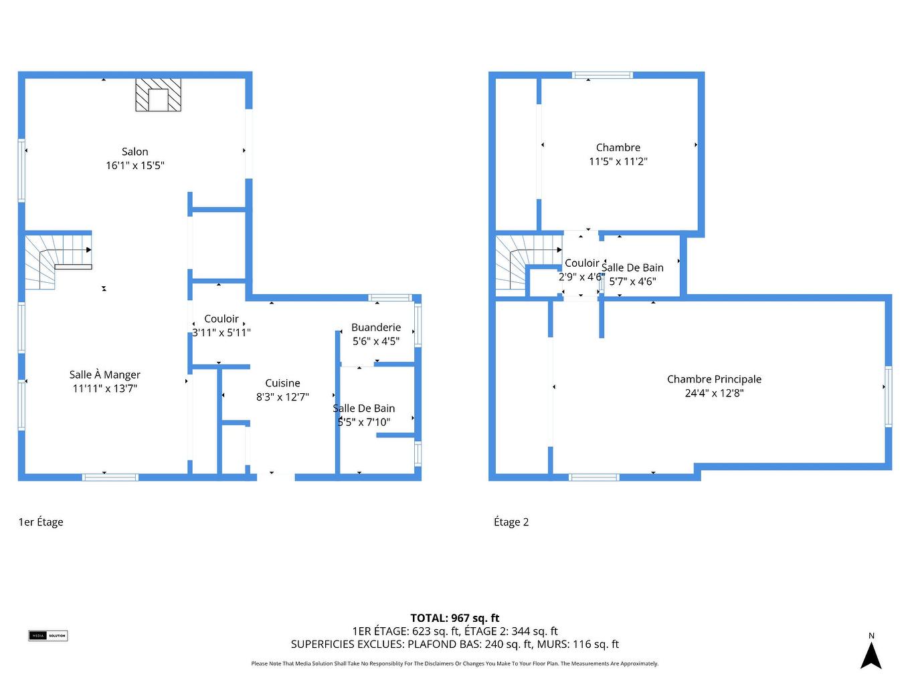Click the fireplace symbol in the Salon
159,95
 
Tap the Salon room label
134,152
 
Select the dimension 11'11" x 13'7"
105,388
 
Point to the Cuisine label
282,383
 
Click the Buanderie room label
376,327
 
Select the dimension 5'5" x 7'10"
364,422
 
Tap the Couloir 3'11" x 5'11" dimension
221,332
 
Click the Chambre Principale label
714,379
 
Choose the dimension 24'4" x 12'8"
714,393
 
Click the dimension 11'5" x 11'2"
618,161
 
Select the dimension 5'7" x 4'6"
632,281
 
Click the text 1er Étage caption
41,522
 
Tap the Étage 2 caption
511,522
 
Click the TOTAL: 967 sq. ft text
455,618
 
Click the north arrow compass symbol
871,655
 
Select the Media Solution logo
48,635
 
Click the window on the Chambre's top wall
602,75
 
